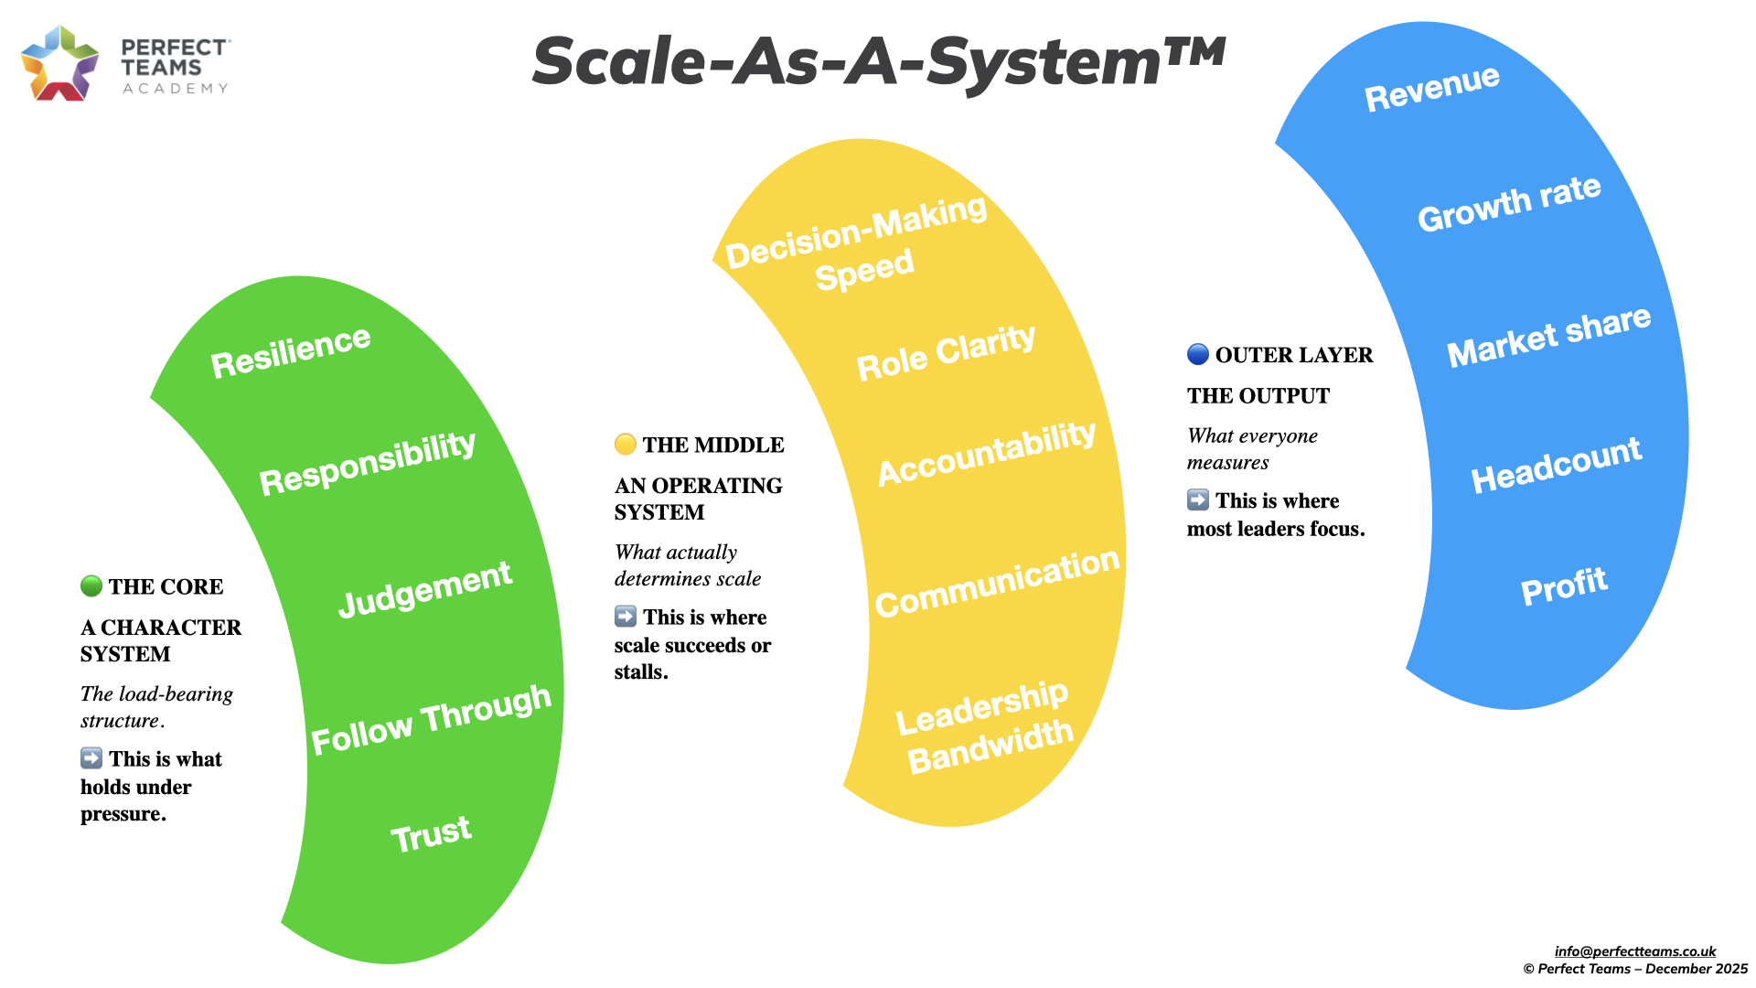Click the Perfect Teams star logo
[x=59, y=63]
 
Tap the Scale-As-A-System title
[x=878, y=62]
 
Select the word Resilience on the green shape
[x=291, y=351]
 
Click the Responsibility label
[x=367, y=462]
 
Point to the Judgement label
[x=424, y=588]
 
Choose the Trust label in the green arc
[x=431, y=833]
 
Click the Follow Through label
[x=431, y=720]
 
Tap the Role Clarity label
[x=946, y=352]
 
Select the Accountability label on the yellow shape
[x=986, y=453]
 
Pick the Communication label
[x=997, y=583]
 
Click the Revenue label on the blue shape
[x=1431, y=88]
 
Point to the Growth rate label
[x=1509, y=204]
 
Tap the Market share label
[x=1548, y=335]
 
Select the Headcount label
[x=1556, y=465]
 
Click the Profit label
[x=1563, y=586]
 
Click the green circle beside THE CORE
[x=91, y=585]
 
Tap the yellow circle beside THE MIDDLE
[x=626, y=445]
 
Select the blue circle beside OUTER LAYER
[x=1198, y=354]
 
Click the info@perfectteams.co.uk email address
[x=1634, y=951]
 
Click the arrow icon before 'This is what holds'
[x=91, y=757]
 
